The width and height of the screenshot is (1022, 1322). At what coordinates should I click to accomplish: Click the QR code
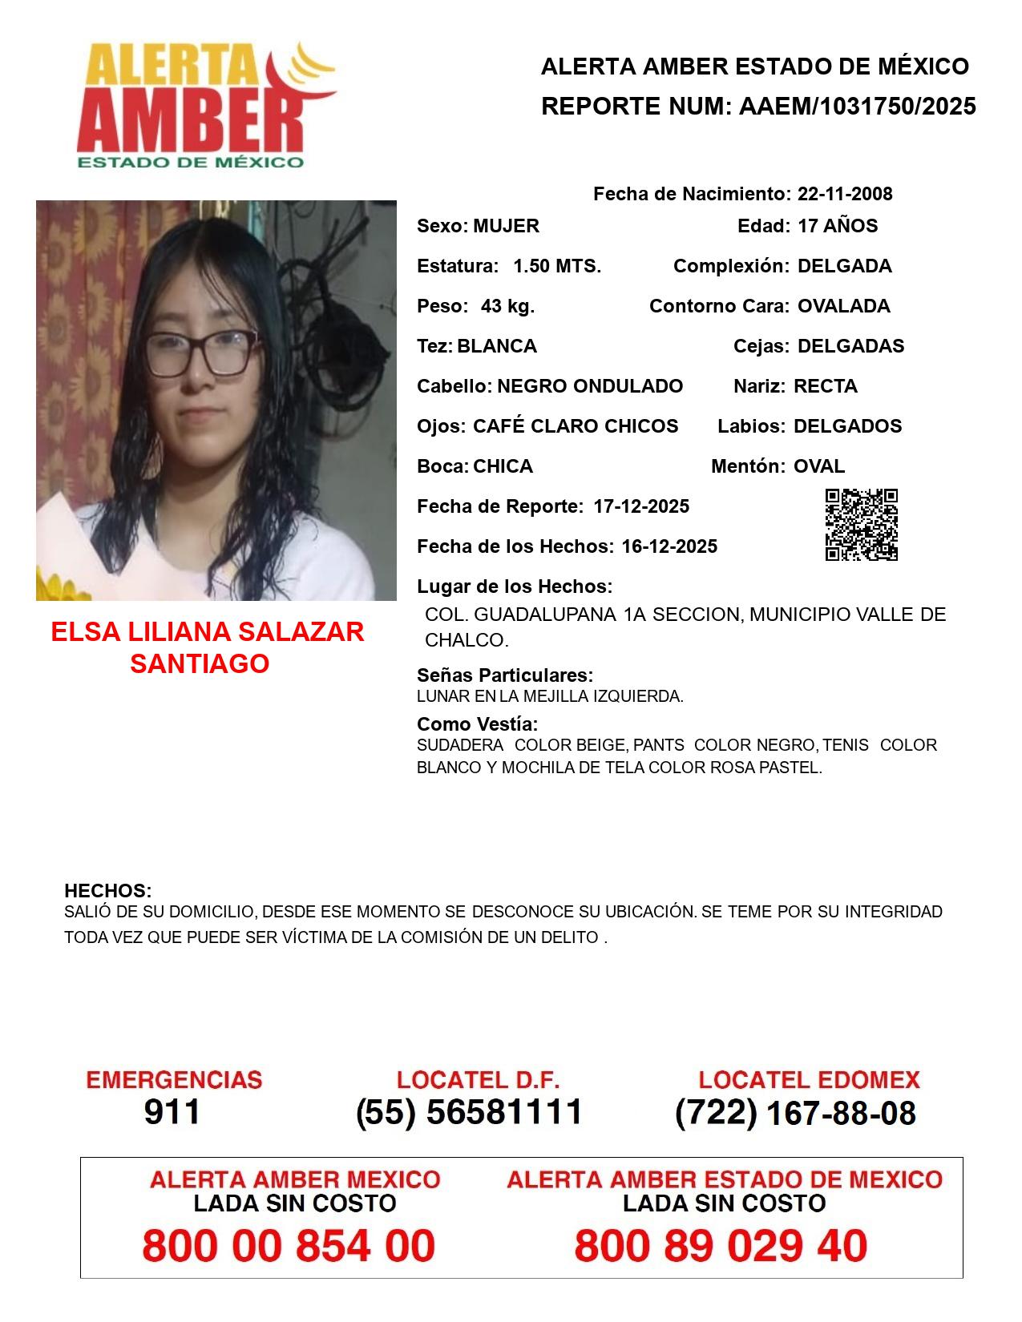tap(862, 525)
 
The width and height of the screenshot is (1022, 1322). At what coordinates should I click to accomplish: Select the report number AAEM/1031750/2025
tap(857, 106)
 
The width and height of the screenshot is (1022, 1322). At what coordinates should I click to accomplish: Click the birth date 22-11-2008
tap(845, 194)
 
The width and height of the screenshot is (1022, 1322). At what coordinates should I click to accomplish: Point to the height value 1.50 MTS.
tap(557, 266)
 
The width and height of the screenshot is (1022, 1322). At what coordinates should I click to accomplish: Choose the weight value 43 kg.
tap(507, 306)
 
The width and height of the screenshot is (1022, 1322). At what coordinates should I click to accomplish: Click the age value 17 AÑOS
tap(838, 226)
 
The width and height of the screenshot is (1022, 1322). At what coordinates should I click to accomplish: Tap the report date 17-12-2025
tap(641, 506)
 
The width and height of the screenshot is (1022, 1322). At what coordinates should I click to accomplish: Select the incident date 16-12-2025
tap(669, 546)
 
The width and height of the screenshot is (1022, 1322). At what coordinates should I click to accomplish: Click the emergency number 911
tap(172, 1112)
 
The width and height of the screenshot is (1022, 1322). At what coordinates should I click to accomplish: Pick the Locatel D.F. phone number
tap(470, 1112)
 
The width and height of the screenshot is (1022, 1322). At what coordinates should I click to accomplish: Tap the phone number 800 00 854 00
tap(289, 1246)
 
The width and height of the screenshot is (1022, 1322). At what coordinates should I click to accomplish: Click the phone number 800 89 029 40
tap(721, 1246)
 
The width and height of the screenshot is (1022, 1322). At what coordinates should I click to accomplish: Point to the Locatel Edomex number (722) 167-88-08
tap(795, 1113)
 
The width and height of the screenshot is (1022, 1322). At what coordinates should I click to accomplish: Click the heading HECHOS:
tap(107, 891)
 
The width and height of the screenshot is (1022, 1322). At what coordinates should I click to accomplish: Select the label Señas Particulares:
tap(505, 675)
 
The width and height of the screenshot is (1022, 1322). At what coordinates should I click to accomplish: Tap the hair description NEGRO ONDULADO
tap(590, 386)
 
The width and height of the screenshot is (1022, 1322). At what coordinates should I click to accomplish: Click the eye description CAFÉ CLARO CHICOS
tap(576, 426)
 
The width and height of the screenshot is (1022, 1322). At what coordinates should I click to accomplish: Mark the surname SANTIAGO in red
tap(200, 663)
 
